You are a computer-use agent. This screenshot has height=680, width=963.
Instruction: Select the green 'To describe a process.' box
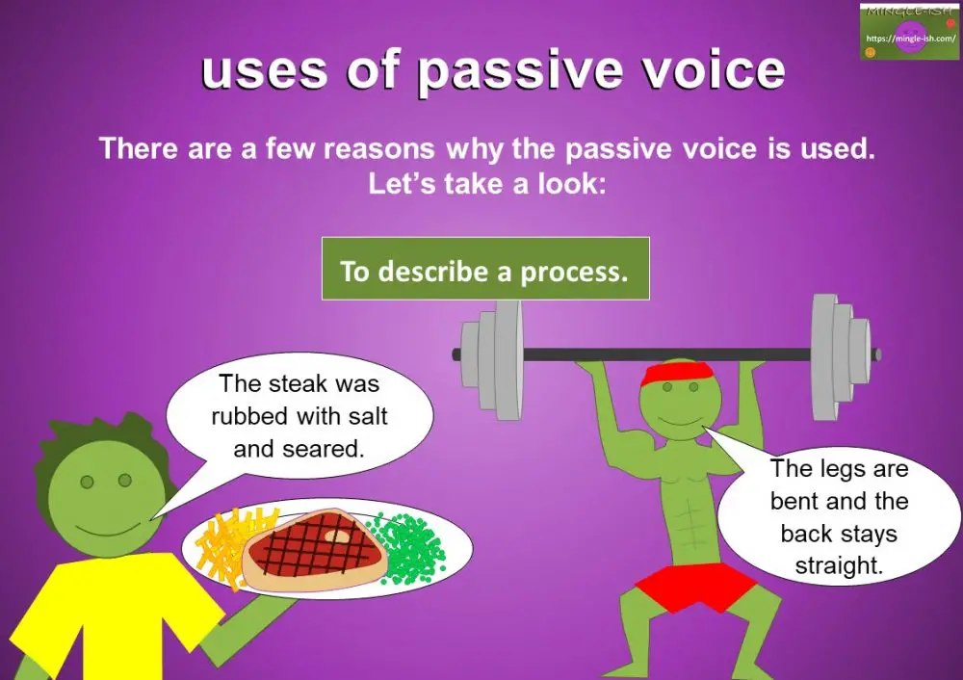pos(484,271)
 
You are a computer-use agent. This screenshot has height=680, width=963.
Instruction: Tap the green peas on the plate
pos(412,546)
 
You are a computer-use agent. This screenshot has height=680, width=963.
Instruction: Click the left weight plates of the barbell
pos(490,352)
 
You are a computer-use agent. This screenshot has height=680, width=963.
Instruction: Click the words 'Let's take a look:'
pos(486,184)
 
